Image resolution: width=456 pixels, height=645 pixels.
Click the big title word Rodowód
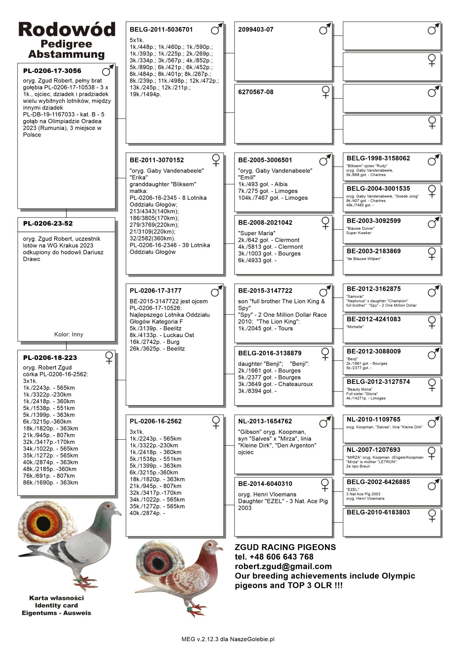coord(66,30)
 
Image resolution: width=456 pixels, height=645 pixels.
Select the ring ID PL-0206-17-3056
coord(52,71)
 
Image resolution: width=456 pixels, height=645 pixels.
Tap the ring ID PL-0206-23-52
coord(48,223)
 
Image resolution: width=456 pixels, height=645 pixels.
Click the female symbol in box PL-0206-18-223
coord(109,358)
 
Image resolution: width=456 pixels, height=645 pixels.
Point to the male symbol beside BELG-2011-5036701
coord(217,29)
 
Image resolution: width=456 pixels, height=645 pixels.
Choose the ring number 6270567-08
coord(256,92)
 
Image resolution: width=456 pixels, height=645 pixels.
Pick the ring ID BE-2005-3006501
coord(265,160)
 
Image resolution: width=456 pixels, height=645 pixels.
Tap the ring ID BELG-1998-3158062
coord(378,158)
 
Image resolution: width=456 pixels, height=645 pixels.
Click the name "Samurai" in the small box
coord(355,296)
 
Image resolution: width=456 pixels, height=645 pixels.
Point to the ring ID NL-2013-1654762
coord(265,421)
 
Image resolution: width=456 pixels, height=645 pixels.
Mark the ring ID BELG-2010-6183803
coord(378,512)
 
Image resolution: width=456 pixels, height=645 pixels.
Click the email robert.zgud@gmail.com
coord(283,566)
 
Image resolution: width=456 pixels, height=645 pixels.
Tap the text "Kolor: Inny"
coord(68,334)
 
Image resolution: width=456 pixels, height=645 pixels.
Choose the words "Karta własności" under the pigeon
coord(57,598)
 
